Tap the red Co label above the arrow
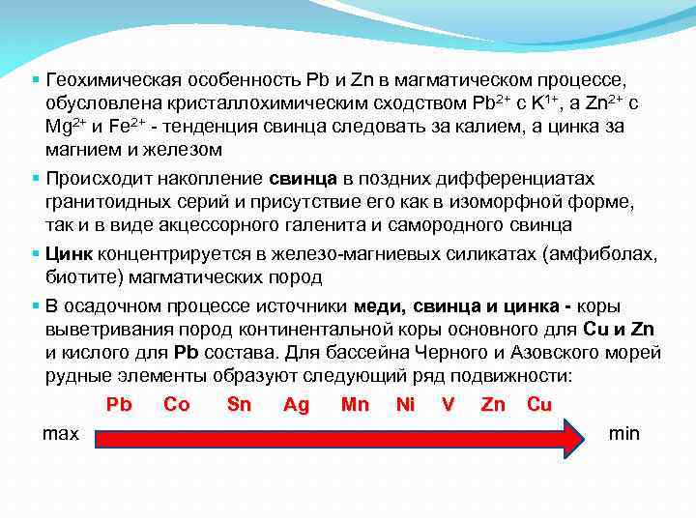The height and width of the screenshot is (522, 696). point(177,405)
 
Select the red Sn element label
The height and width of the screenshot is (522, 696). point(239,405)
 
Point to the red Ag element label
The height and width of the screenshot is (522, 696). point(297,405)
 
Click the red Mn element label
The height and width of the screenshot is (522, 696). point(355,405)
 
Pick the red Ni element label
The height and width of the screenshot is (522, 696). point(405,405)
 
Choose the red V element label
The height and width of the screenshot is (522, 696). point(448,405)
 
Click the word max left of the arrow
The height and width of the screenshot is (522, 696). point(61,433)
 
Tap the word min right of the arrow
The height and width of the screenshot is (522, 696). point(623,433)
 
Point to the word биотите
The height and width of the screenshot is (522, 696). point(78,277)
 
